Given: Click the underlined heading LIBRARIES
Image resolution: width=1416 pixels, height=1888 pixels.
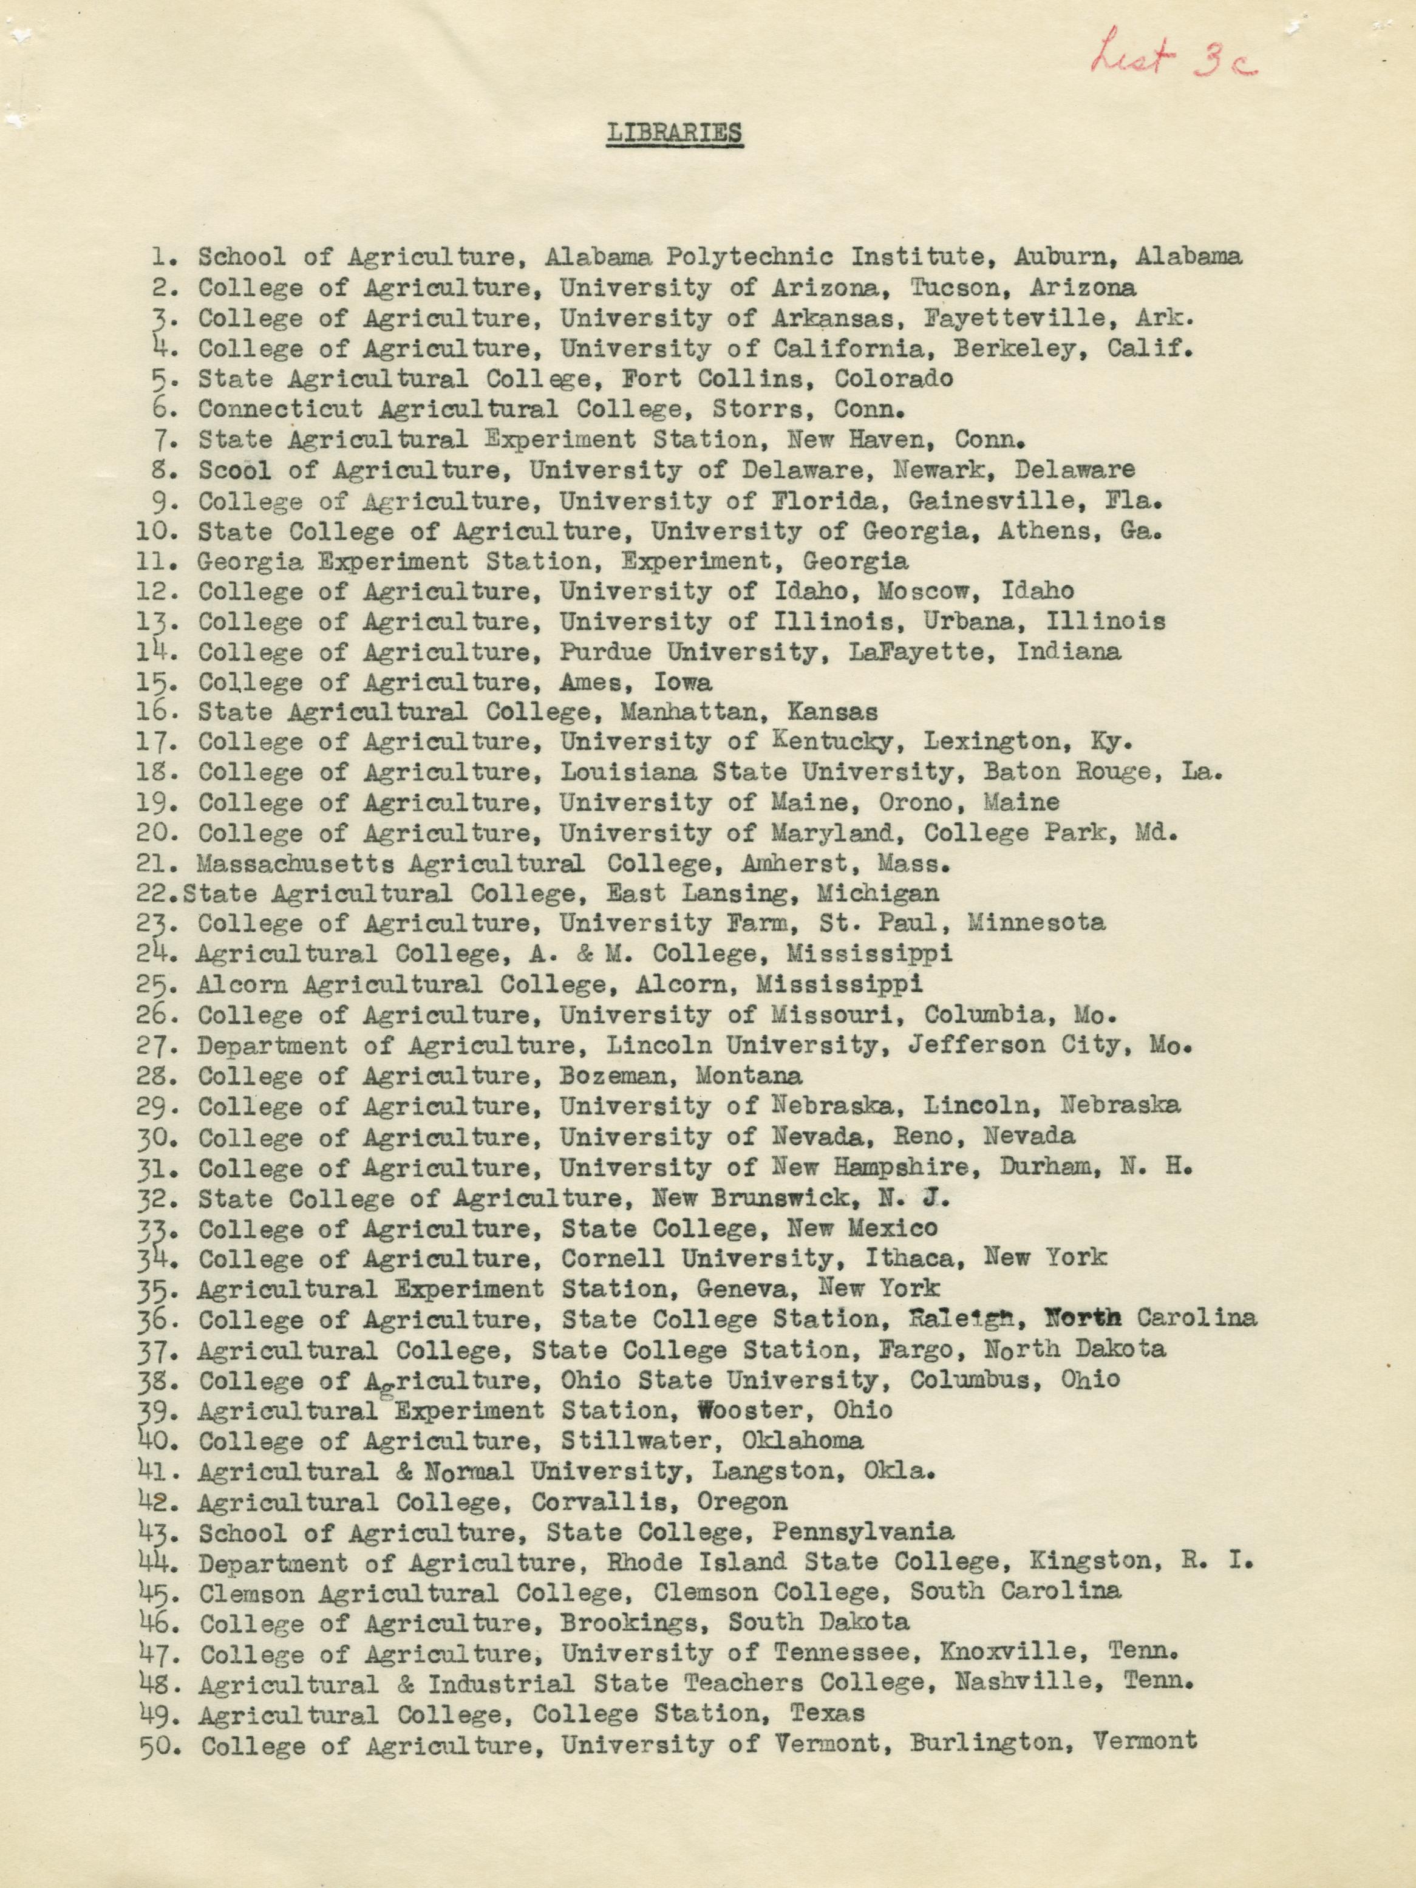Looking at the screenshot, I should click(674, 134).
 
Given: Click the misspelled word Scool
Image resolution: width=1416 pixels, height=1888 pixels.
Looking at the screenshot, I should click(235, 469).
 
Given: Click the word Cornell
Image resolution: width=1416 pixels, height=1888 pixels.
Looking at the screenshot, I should click(613, 1257).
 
